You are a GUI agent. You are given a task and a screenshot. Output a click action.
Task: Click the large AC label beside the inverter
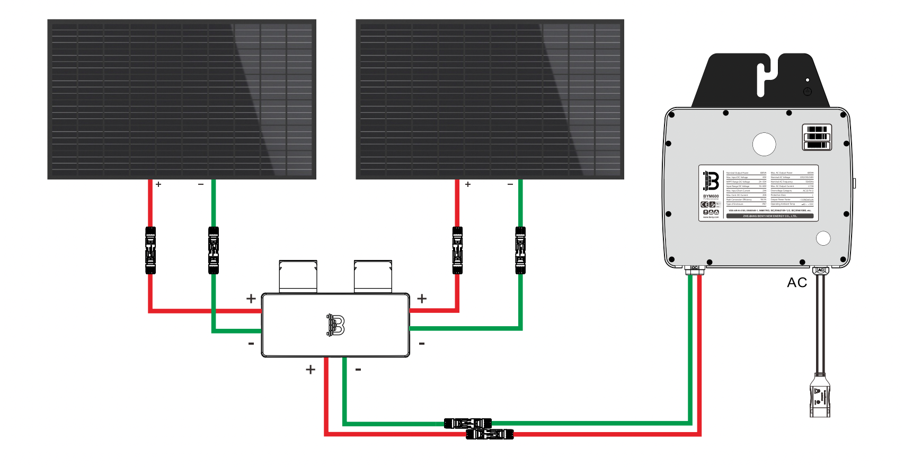point(797,283)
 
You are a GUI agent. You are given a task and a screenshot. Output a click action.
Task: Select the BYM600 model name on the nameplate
point(711,196)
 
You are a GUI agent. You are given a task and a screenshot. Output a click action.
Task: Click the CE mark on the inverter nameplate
point(705,204)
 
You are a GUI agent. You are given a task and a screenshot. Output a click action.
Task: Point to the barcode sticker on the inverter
point(817,137)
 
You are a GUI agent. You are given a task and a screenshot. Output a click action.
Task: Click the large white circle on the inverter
point(764,144)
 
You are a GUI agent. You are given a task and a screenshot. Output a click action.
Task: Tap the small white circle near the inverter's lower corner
point(823,238)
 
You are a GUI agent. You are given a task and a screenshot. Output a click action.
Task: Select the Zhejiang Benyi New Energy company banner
point(770,216)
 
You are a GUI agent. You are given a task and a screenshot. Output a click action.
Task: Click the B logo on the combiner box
point(335,325)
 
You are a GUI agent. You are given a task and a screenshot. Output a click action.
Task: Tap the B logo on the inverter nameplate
point(711,181)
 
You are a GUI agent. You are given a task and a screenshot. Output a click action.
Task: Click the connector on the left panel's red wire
point(150,250)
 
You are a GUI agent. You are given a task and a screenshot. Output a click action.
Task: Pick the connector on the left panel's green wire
point(214,250)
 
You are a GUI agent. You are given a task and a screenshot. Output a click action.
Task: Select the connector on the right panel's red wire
point(457,250)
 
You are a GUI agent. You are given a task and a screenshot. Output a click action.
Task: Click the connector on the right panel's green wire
point(520,250)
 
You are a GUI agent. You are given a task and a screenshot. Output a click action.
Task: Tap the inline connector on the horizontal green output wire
point(467,424)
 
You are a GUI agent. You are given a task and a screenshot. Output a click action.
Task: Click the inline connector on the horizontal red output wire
point(490,435)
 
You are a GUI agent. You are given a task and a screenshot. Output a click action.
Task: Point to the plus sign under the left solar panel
point(158,184)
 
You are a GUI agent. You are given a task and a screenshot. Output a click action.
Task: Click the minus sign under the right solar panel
point(510,184)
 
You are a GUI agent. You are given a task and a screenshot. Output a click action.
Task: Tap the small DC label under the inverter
point(695,268)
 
